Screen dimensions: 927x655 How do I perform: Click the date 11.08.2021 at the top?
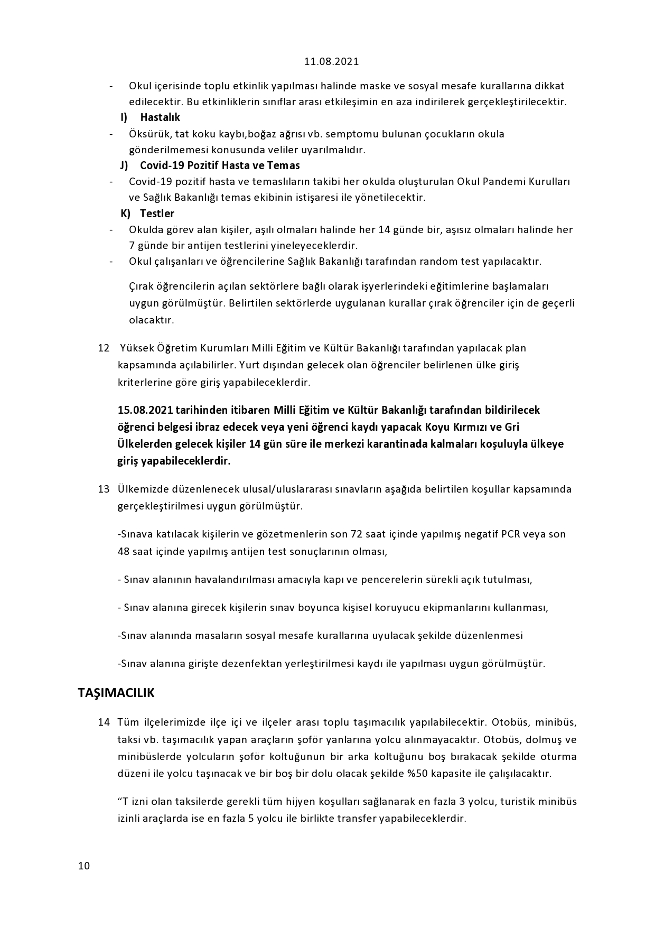click(x=331, y=61)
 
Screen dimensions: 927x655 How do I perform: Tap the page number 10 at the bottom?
click(x=84, y=865)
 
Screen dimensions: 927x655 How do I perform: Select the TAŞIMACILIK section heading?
click(x=116, y=692)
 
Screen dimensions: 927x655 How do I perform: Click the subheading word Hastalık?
click(x=160, y=117)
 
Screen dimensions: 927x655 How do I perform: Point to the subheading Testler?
click(x=157, y=214)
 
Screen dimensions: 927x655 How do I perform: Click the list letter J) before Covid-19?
click(x=125, y=165)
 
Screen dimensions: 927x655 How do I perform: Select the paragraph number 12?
click(x=104, y=348)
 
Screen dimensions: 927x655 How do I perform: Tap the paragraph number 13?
click(x=104, y=489)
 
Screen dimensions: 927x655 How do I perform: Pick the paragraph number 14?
click(x=104, y=722)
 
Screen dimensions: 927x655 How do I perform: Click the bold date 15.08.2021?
click(x=145, y=410)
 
